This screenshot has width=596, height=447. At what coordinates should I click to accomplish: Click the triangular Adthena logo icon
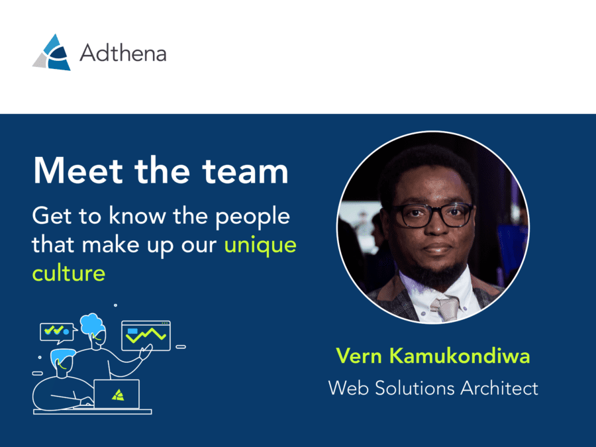[x=52, y=52]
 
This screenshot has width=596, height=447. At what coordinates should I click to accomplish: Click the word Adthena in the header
[x=123, y=53]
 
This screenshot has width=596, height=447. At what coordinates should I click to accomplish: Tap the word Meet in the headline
[x=78, y=171]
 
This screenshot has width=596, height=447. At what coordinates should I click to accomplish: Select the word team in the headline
[x=245, y=171]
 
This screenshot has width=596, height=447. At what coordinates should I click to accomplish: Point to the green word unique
[x=260, y=246]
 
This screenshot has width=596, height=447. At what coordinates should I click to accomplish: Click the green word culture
[x=69, y=273]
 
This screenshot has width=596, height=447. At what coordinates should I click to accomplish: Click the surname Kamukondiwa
[x=460, y=356]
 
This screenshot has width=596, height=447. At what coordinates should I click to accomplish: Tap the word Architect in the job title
[x=499, y=388]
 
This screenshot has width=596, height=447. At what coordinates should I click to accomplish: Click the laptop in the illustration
[x=117, y=394]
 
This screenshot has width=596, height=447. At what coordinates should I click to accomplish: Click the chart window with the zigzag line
[x=146, y=336]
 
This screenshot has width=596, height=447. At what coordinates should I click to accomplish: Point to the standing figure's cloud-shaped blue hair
[x=92, y=324]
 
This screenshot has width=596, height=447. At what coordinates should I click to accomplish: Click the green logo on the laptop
[x=118, y=395]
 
